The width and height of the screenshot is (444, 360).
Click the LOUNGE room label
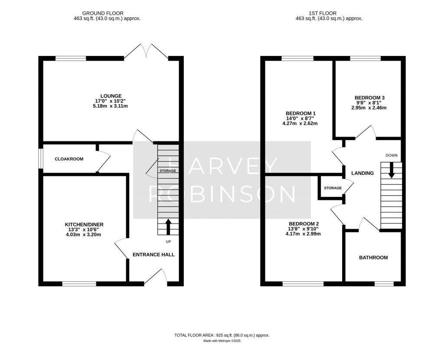click(x=111, y=96)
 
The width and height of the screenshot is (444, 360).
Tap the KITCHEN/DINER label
click(x=84, y=224)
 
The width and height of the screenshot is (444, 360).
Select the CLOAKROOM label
click(x=69, y=159)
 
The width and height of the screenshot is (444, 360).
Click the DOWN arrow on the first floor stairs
click(x=392, y=170)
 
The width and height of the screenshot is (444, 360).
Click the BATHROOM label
click(x=373, y=258)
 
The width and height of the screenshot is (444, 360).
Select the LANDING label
click(x=362, y=173)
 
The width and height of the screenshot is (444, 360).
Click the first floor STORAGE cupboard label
click(x=333, y=188)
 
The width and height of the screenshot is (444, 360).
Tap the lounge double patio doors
click(x=147, y=52)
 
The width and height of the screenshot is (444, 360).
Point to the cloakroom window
click(x=40, y=159)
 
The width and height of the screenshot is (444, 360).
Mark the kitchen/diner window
click(x=79, y=284)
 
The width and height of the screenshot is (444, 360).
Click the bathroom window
click(x=384, y=284)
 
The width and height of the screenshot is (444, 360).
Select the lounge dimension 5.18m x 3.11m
click(x=111, y=106)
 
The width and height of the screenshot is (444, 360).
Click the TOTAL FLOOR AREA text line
click(x=222, y=335)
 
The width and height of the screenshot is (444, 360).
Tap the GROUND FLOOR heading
click(x=107, y=13)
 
